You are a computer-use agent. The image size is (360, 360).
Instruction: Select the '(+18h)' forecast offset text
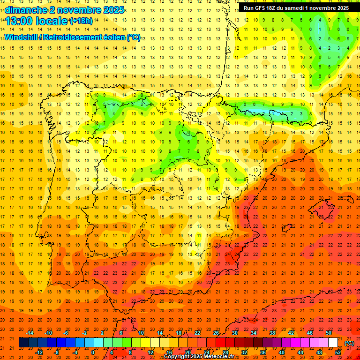tap(81, 21)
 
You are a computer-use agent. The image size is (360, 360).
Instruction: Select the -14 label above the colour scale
tap(30, 333)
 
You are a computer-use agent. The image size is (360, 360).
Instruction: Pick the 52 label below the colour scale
tap(338, 352)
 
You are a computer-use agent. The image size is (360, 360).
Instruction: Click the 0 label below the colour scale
tap(93, 352)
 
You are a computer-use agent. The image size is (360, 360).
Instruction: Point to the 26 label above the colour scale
tap(216, 333)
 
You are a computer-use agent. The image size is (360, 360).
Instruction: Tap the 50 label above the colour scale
tap(328, 333)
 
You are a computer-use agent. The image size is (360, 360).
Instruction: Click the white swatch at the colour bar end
tap(333, 343)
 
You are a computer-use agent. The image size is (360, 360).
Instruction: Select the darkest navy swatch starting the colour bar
tap(23, 343)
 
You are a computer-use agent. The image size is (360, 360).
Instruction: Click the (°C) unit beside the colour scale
tap(349, 343)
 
